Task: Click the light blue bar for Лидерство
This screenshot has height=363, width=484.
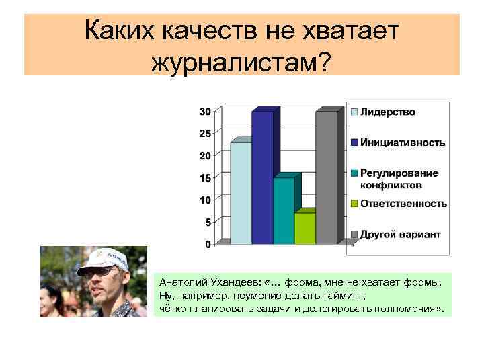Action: pos(241,192)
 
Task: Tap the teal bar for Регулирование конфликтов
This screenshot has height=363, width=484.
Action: pos(284,210)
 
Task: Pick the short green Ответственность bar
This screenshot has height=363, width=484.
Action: pos(305,228)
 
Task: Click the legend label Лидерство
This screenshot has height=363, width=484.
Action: pos(388,112)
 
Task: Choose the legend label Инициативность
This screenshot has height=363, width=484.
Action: pos(403,143)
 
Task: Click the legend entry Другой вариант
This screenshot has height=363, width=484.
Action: pos(400,235)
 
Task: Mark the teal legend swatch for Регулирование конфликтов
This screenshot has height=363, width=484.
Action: pos(353,174)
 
